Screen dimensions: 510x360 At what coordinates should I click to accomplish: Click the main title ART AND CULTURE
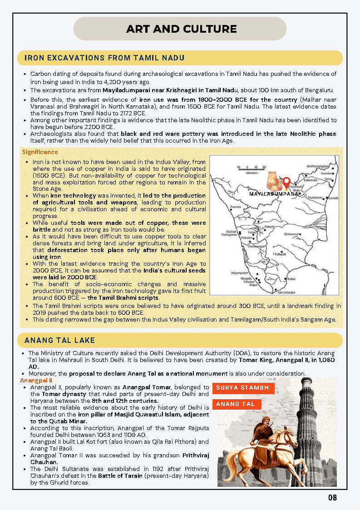pyautogui.click(x=182, y=30)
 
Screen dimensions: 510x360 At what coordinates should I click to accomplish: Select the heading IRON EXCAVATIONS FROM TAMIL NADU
pyautogui.click(x=104, y=58)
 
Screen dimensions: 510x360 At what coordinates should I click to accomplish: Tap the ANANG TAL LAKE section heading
pyautogui.click(x=59, y=340)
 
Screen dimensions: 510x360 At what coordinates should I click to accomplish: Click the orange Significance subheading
pyautogui.click(x=40, y=152)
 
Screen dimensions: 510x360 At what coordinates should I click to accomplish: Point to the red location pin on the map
pyautogui.click(x=286, y=183)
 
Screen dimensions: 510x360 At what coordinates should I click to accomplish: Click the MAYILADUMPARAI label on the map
pyautogui.click(x=275, y=194)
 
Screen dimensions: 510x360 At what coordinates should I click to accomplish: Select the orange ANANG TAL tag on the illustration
pyautogui.click(x=235, y=404)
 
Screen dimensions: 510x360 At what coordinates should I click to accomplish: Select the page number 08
pyautogui.click(x=333, y=498)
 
